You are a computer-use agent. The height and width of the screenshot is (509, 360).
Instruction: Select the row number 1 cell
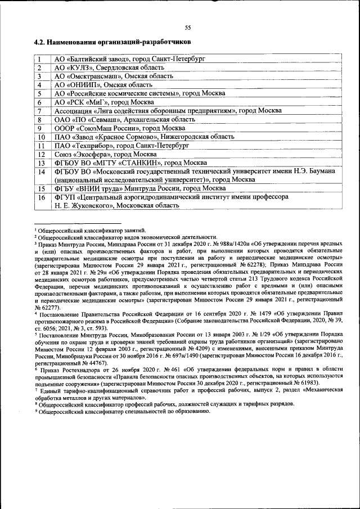coord(40,58)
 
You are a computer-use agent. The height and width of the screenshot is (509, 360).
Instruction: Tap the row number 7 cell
coord(40,111)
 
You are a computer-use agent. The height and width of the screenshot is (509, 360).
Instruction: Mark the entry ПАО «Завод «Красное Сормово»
coord(144,137)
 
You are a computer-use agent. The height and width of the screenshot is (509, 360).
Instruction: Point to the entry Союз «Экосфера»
coord(105,154)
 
